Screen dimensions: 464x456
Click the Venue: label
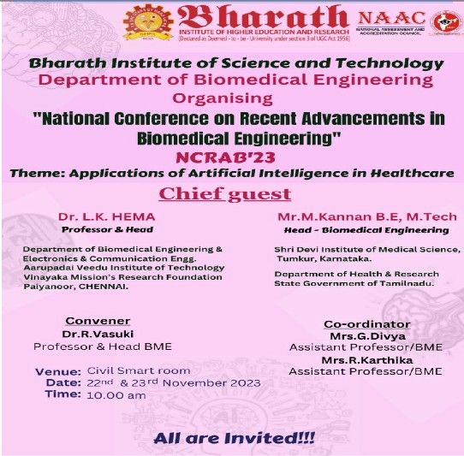[x=59, y=370]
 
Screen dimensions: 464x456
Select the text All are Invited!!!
[x=235, y=438]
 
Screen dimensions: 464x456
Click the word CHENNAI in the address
[x=100, y=287]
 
